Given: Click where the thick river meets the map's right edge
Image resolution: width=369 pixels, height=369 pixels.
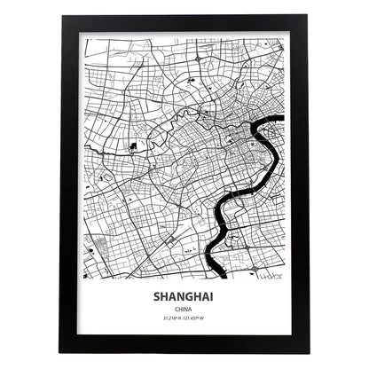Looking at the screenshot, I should [x=282, y=118].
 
